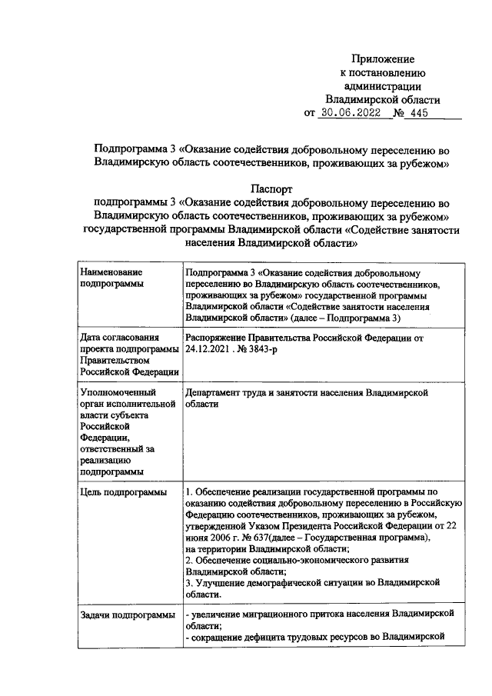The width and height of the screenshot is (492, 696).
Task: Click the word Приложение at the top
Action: pos(383,58)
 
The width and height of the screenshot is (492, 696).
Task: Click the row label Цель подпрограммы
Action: pos(123,491)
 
